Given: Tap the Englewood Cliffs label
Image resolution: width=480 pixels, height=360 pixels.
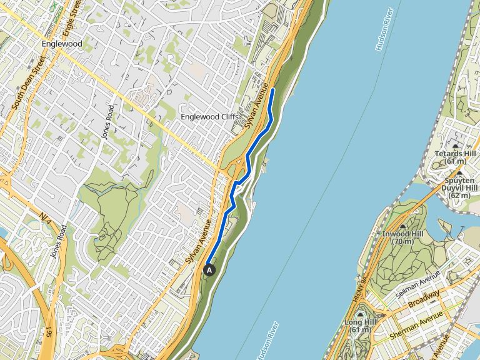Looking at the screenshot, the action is pyautogui.click(x=209, y=117).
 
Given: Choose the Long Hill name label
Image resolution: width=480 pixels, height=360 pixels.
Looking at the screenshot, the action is pyautogui.click(x=357, y=322).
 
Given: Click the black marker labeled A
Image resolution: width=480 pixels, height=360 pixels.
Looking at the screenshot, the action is pyautogui.click(x=209, y=270).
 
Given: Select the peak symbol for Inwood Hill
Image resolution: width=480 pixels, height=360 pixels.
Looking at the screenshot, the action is pyautogui.click(x=402, y=226).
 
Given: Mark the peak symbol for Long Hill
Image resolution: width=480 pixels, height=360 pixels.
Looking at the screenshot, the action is pyautogui.click(x=359, y=314).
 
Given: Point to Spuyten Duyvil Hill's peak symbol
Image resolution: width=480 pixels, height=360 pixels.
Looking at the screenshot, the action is pyautogui.click(x=459, y=173).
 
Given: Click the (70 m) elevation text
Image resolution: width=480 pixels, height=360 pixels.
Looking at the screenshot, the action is pyautogui.click(x=403, y=242).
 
